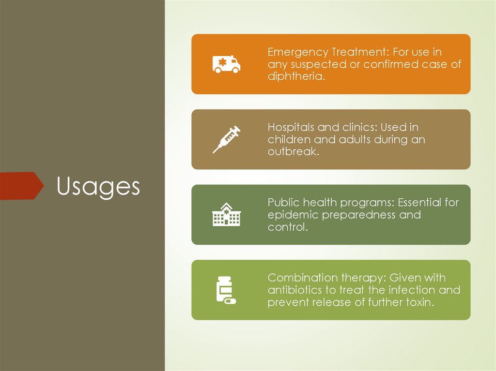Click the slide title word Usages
click(x=98, y=186)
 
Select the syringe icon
click(x=226, y=139)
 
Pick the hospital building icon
click(x=226, y=215)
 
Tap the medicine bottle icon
click(x=225, y=290)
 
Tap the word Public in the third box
click(x=282, y=202)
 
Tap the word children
click(x=289, y=139)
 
